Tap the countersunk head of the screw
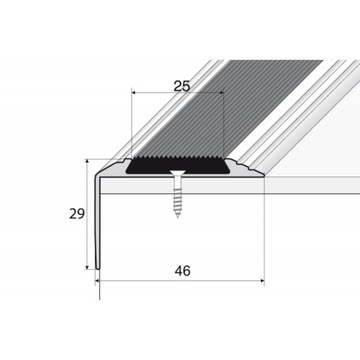point(177,177)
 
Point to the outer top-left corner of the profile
point(95,172)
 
